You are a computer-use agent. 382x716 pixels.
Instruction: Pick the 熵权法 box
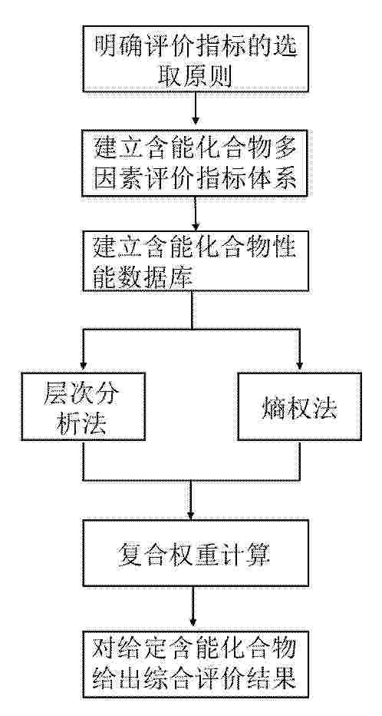pyautogui.click(x=299, y=406)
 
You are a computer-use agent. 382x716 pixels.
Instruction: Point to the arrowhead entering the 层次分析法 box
pyautogui.click(x=83, y=367)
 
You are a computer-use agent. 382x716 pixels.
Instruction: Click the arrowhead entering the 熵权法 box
pyautogui.click(x=299, y=367)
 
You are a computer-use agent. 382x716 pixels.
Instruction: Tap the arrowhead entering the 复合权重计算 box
pyautogui.click(x=193, y=515)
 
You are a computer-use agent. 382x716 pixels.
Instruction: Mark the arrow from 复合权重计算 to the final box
pyautogui.click(x=193, y=608)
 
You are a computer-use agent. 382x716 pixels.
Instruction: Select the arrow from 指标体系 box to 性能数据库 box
pyautogui.click(x=196, y=214)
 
